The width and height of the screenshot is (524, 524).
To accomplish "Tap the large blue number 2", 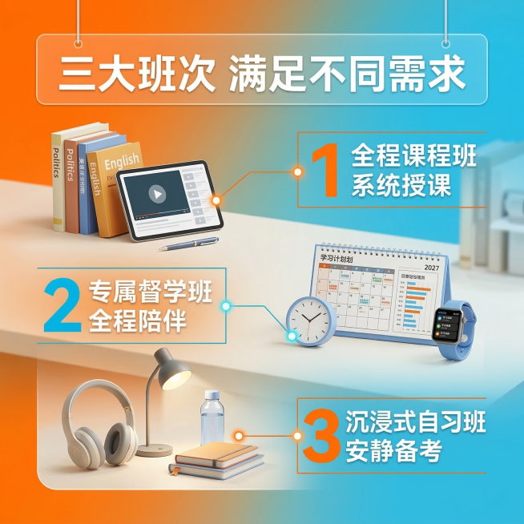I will click(62, 304).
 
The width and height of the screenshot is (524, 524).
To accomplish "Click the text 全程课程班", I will click(413, 155).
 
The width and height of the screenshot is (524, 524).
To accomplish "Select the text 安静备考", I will click(393, 451).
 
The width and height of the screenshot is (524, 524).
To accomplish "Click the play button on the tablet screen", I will click(158, 193).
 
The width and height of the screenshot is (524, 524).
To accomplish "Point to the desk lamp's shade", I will click(171, 370).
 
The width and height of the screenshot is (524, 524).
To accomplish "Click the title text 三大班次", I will click(135, 75).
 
